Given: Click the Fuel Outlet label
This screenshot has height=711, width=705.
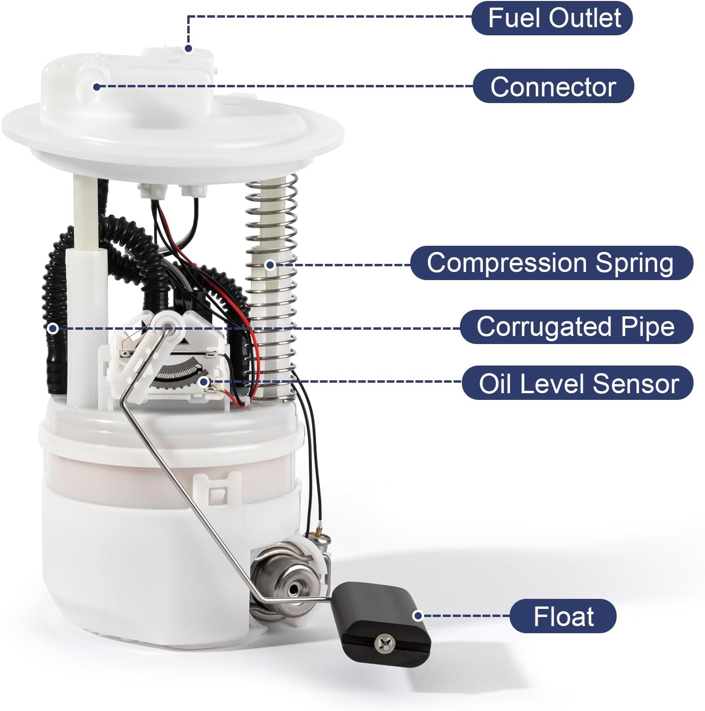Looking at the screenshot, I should click(x=552, y=18).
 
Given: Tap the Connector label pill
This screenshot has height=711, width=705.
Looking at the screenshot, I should click(x=553, y=87).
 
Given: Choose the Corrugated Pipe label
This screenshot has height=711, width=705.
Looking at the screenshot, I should click(x=576, y=327).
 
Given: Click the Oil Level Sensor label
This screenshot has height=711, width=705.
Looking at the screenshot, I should click(x=577, y=383).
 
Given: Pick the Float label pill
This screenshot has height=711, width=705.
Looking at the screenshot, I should click(x=563, y=616).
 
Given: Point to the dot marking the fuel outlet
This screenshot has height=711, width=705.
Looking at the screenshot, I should click(x=188, y=48).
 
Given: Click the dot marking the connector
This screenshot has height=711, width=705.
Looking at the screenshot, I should click(x=96, y=86).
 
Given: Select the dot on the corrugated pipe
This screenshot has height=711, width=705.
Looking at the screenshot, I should click(x=53, y=328).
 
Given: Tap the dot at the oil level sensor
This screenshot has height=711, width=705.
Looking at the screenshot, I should click(x=204, y=381).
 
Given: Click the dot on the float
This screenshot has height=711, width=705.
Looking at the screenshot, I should click(x=417, y=616).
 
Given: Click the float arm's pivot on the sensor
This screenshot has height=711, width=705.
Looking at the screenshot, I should click(x=168, y=324).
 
